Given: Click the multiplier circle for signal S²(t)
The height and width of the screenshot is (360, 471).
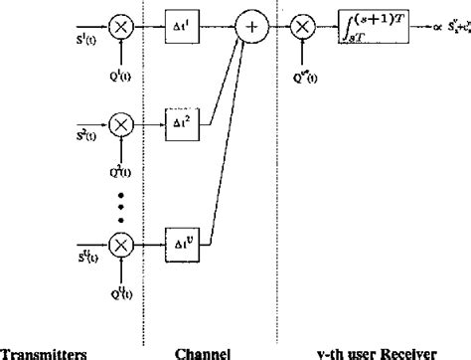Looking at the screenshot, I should click(x=120, y=125).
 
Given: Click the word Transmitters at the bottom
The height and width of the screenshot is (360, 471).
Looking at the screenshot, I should click(x=36, y=350).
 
